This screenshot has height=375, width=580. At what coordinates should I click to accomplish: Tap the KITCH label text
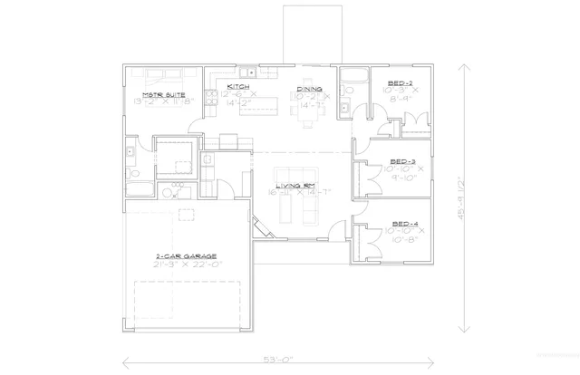click(225, 86)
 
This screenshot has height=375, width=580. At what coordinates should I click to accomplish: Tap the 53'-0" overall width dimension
click(282, 360)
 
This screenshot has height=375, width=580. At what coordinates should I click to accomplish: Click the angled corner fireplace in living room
click(260, 227)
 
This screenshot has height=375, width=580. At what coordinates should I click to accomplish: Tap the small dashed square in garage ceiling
click(186, 214)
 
